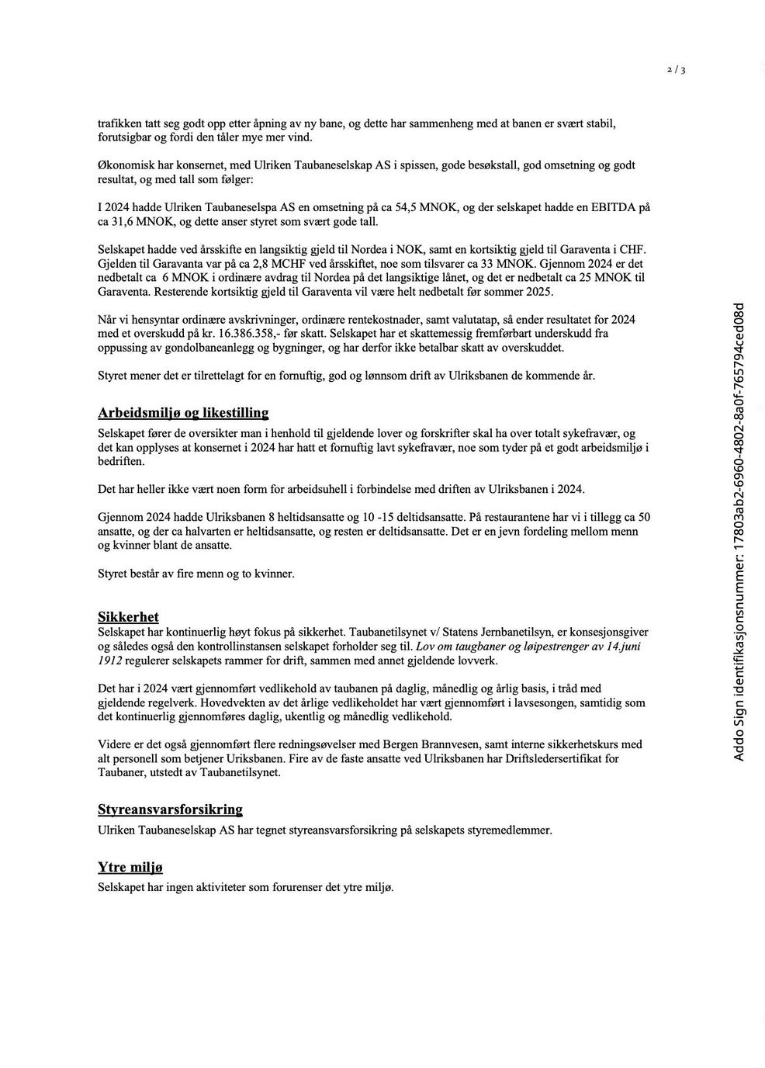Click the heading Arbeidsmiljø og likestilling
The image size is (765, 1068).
pyautogui.click(x=183, y=413)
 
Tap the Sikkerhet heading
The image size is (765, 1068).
pyautogui.click(x=128, y=617)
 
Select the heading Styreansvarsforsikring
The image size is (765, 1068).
pyautogui.click(x=170, y=810)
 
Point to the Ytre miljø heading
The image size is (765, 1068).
pyautogui.click(x=130, y=867)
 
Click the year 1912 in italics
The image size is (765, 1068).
pyautogui.click(x=110, y=661)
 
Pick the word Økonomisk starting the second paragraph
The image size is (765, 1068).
pyautogui.click(x=126, y=165)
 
